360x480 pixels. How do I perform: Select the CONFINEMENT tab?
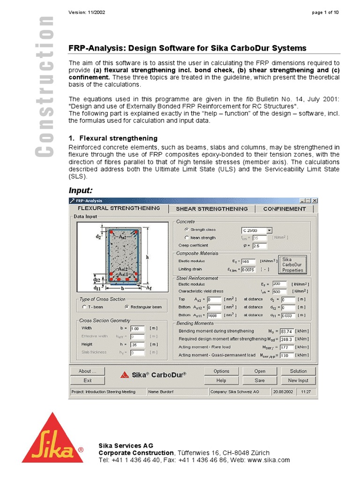coord(284,209)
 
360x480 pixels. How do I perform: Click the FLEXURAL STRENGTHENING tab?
coord(119,208)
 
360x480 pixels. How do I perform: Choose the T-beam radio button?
coord(83,307)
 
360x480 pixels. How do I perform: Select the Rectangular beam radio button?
coord(127,307)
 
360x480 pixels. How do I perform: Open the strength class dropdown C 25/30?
coord(269,230)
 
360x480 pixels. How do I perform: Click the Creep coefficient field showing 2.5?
coord(259,246)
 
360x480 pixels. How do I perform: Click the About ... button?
coord(87,371)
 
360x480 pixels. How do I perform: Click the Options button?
coord(221,371)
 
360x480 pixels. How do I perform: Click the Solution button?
coord(298,371)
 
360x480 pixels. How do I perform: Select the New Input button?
coord(298,381)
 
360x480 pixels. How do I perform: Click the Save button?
coord(260,381)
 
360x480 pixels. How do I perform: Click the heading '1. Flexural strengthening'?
coord(113,138)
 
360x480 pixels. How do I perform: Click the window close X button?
coord(315,201)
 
